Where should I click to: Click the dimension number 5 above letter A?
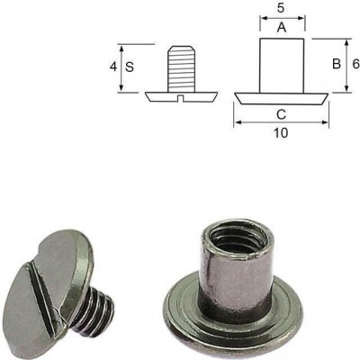[x=281, y=8]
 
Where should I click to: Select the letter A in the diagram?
[x=282, y=28]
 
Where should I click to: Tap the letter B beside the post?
[x=337, y=64]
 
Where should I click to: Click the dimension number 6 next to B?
[x=355, y=64]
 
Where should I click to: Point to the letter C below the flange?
[x=281, y=114]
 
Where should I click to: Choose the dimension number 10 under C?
[x=281, y=132]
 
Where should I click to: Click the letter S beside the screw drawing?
[x=130, y=67]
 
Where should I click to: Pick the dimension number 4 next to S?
[x=113, y=67]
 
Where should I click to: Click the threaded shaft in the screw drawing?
[x=182, y=68]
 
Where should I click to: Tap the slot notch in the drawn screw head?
[x=181, y=98]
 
